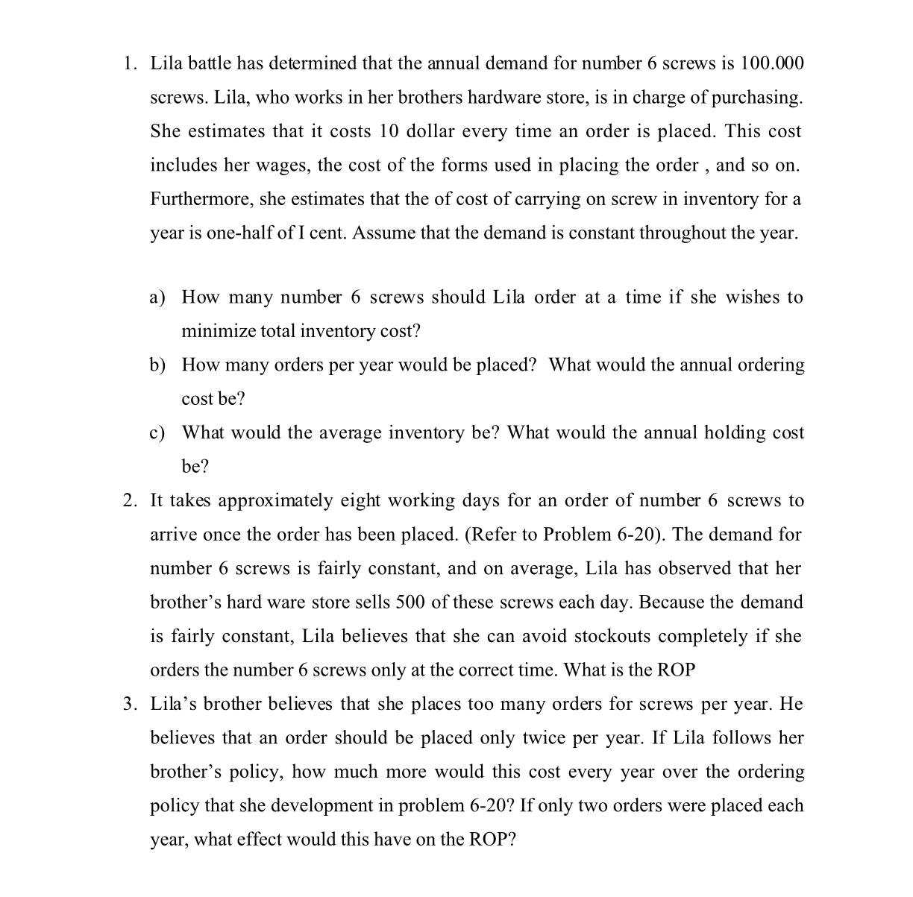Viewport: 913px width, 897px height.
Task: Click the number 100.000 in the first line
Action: pos(772,63)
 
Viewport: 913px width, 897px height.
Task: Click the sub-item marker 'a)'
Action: pos(157,298)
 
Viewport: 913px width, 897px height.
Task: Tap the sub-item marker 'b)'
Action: pos(157,365)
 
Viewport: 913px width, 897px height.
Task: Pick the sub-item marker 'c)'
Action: pos(157,433)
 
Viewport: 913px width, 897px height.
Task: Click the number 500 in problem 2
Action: pos(410,602)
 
